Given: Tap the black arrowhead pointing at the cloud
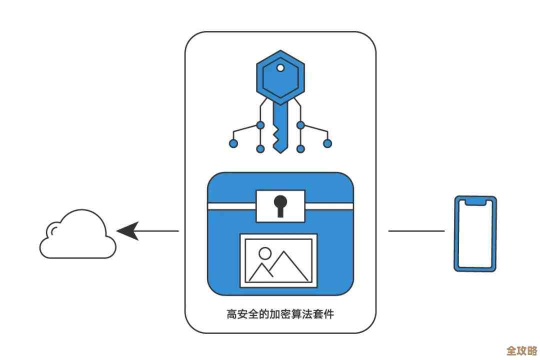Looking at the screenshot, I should (x=127, y=231).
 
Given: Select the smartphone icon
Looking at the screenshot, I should (x=475, y=233).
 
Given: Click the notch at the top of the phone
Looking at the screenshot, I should (x=475, y=201).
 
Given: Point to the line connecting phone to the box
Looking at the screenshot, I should (x=416, y=231).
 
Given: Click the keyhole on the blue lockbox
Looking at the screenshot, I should (x=280, y=204).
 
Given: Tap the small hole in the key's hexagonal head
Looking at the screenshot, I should (x=280, y=67).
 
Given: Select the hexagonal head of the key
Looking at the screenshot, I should (x=280, y=77).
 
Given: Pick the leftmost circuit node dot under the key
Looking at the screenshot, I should (x=233, y=143).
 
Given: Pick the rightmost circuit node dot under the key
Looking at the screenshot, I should (x=327, y=143).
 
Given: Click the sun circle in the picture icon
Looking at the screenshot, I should (x=265, y=253).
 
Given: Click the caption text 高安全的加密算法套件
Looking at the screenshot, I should (x=280, y=314).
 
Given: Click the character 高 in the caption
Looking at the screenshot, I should (x=231, y=314).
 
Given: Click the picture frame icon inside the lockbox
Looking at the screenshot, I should (x=278, y=260).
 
